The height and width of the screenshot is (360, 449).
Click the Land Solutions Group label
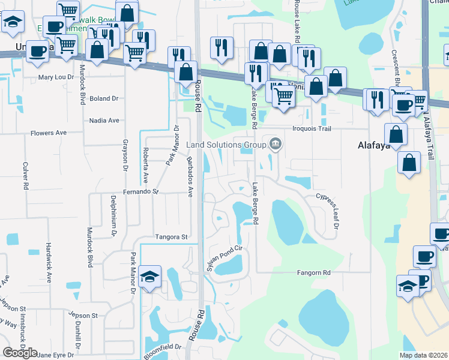[226, 145]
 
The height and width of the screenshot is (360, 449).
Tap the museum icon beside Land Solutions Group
[276, 143]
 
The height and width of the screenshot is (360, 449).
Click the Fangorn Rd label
[314, 272]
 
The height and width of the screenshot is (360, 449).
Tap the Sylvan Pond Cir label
[223, 259]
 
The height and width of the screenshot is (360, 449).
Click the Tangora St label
[171, 237]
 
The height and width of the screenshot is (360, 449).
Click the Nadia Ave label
[104, 121]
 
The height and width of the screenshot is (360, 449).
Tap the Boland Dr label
[103, 98]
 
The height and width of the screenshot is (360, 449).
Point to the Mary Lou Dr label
[56, 77]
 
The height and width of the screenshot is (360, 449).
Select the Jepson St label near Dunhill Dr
[82, 315]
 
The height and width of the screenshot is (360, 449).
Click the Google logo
[19, 353]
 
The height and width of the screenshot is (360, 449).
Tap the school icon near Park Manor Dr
[149, 277]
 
